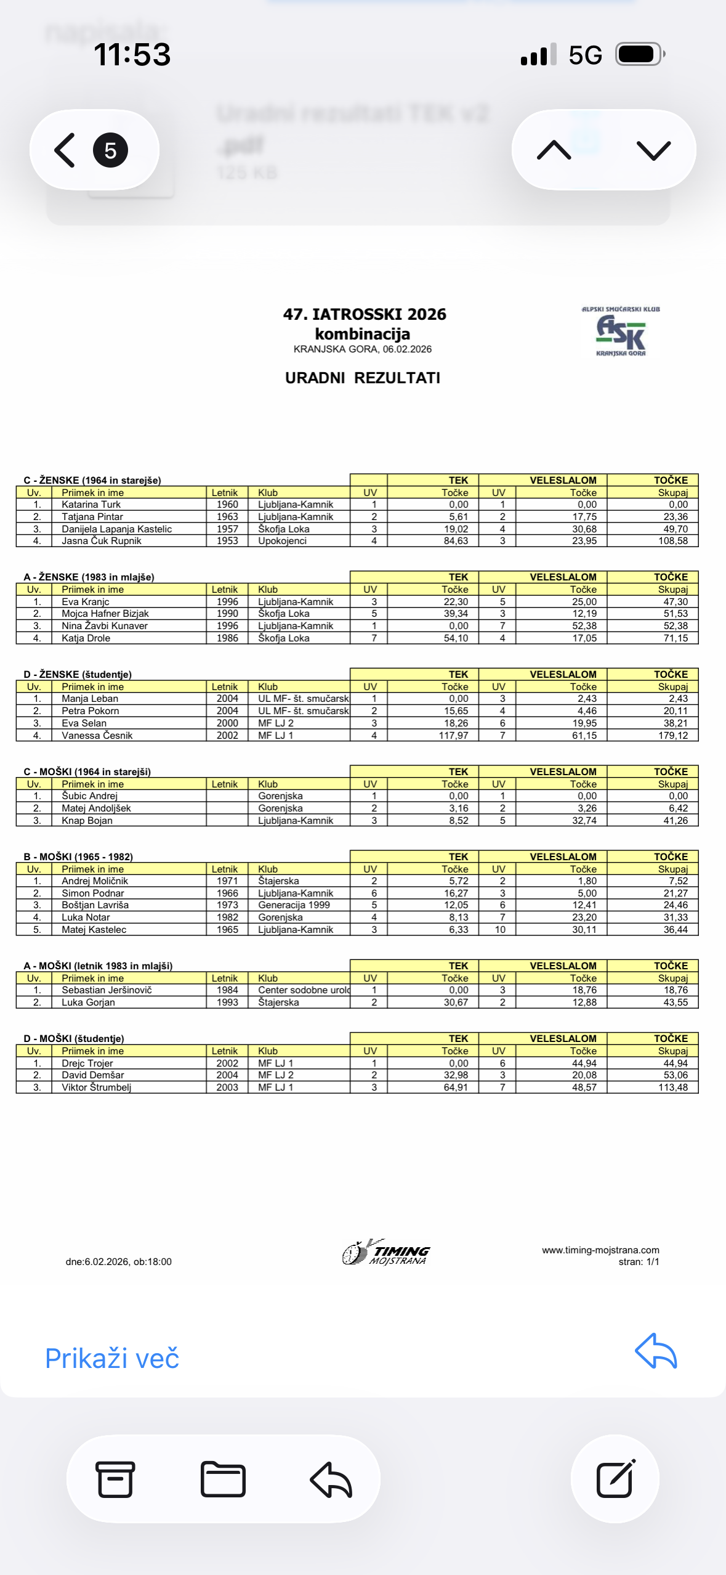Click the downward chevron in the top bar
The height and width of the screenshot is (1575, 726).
point(653,150)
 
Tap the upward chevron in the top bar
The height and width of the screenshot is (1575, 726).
point(554,150)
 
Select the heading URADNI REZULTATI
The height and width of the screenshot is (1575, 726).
point(362,378)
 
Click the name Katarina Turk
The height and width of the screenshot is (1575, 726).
point(91,505)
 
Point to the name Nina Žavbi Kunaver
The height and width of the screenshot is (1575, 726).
point(105,626)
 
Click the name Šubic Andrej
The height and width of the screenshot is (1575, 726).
point(89,796)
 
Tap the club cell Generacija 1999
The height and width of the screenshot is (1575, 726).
point(294,905)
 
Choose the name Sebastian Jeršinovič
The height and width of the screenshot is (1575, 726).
point(107,990)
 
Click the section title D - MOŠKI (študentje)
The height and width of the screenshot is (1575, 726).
point(74,1039)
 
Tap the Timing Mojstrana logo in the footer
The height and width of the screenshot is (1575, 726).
point(386,1252)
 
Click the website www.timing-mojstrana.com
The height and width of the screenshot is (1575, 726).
point(600,1250)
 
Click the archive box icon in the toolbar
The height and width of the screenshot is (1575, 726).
point(115,1479)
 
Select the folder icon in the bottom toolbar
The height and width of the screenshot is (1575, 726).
point(223,1479)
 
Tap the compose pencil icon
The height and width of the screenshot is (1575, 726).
point(615,1479)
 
